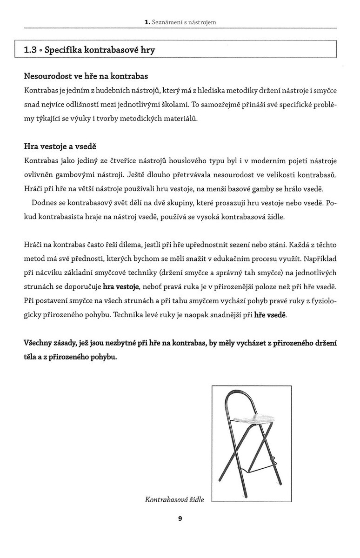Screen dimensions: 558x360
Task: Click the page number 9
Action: click(x=180, y=519)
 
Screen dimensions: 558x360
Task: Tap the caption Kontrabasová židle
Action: click(x=174, y=500)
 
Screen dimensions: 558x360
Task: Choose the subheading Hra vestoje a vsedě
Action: click(x=60, y=146)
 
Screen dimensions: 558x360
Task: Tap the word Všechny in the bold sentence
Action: click(x=39, y=343)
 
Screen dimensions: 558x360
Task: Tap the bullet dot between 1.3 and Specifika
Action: click(x=40, y=51)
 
